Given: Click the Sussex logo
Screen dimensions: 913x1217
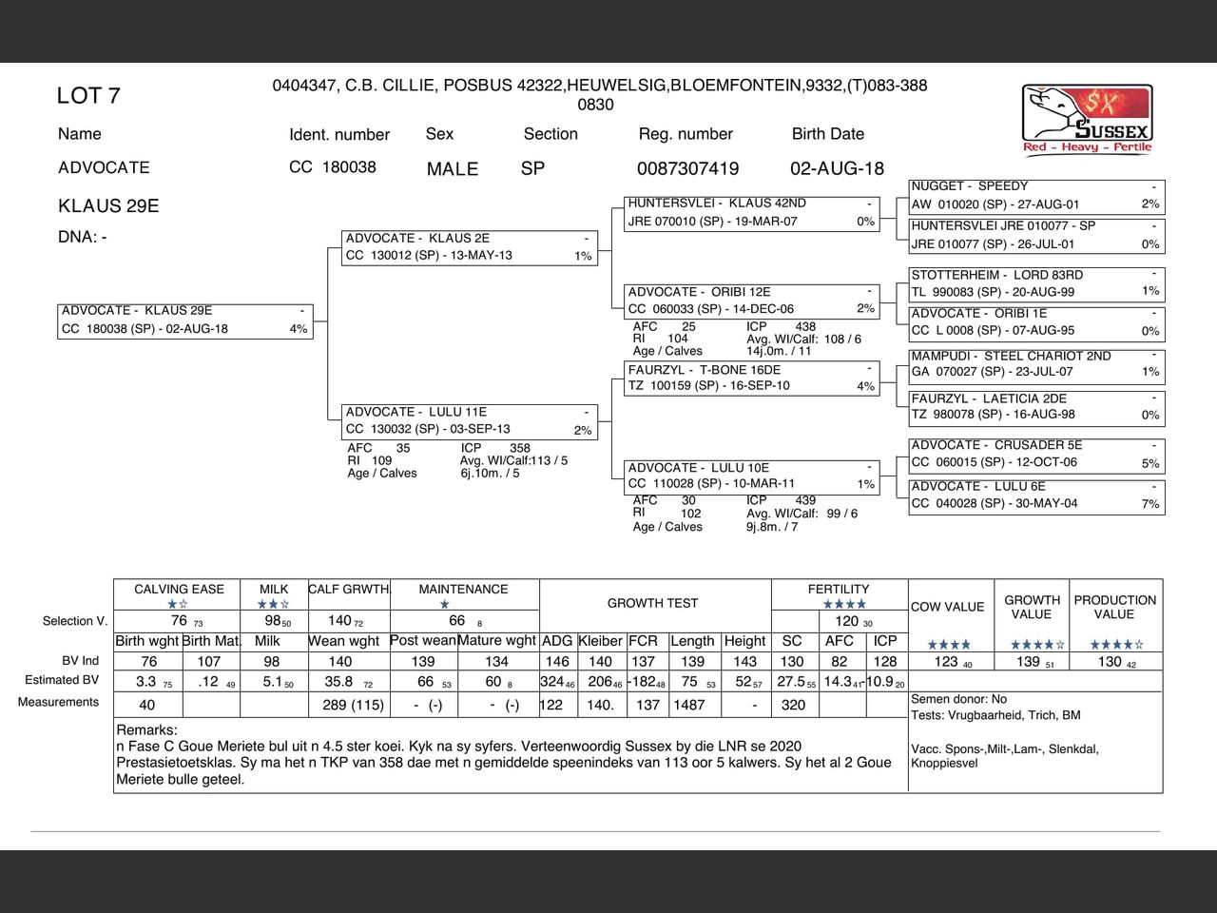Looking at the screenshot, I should [x=1088, y=118].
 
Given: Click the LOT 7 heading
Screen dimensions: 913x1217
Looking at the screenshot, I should [x=88, y=96].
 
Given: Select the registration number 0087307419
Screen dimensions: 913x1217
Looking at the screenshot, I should [x=687, y=169].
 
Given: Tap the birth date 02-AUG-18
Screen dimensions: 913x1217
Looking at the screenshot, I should [x=837, y=169].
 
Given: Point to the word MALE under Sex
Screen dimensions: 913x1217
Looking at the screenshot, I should [x=453, y=169].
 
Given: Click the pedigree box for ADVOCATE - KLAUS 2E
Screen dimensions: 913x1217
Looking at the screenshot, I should [x=471, y=247].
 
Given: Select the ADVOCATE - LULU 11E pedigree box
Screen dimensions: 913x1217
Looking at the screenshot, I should [x=471, y=421].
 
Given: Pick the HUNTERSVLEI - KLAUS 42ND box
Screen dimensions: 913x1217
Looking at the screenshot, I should [x=752, y=213].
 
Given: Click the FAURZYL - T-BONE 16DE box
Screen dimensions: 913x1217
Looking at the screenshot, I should [x=752, y=379].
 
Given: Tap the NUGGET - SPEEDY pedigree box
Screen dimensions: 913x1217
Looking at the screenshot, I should [x=1036, y=196].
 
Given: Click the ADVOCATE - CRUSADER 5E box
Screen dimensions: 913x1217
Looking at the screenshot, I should [x=1036, y=454].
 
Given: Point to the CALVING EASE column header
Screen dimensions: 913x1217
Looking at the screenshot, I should [x=179, y=590].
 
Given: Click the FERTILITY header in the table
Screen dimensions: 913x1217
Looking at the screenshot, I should [x=839, y=590].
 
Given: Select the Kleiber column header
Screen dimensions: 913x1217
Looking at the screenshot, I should [x=600, y=641].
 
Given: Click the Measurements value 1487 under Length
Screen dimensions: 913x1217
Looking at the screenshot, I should [x=689, y=705].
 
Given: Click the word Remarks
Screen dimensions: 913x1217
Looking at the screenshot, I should [x=146, y=730].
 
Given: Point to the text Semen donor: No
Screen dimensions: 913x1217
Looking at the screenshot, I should [x=958, y=699].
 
